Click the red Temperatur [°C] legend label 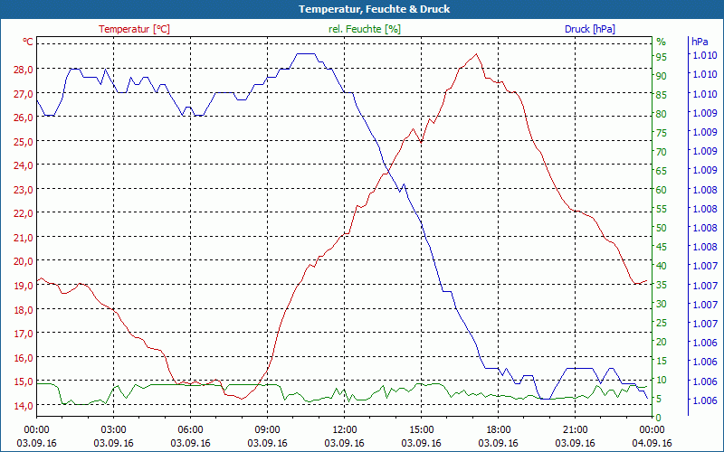tap(134, 29)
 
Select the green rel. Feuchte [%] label tap(364, 29)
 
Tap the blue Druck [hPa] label tap(589, 29)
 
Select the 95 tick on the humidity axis tap(662, 56)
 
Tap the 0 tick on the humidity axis tap(659, 418)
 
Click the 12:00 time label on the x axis tap(344, 429)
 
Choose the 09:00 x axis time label tap(267, 429)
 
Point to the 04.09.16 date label tap(652, 443)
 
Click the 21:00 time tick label tap(575, 429)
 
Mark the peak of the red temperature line tap(476, 54)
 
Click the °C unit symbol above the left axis tap(28, 42)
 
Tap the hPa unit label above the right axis tap(700, 42)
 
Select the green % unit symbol tap(661, 42)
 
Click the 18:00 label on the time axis tap(498, 429)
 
